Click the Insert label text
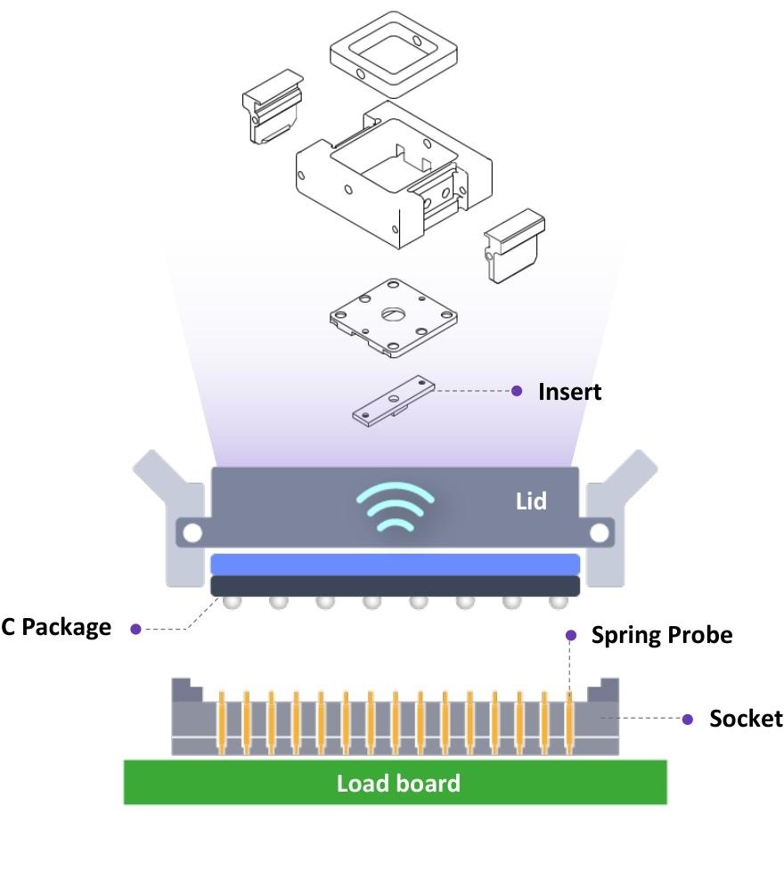pyautogui.click(x=569, y=392)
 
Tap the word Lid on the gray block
pyautogui.click(x=531, y=501)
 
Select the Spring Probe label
pyautogui.click(x=661, y=635)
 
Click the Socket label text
pyautogui.click(x=746, y=719)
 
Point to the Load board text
pyautogui.click(x=398, y=783)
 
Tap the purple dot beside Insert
pyautogui.click(x=517, y=391)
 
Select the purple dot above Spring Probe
pyautogui.click(x=571, y=635)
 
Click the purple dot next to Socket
pyautogui.click(x=687, y=719)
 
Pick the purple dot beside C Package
pyautogui.click(x=135, y=629)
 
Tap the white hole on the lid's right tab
pyautogui.click(x=600, y=533)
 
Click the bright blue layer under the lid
pyautogui.click(x=395, y=564)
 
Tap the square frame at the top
pyautogui.click(x=393, y=53)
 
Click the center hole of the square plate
pyautogui.click(x=393, y=313)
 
